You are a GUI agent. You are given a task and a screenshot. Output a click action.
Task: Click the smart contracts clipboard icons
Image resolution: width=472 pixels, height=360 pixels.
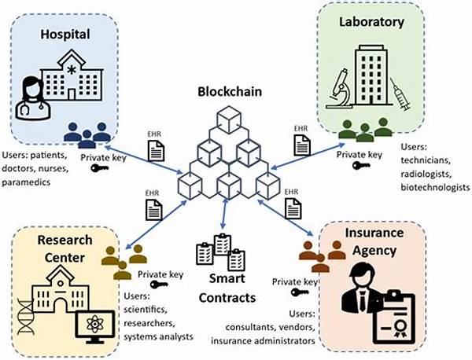pyautogui.click(x=218, y=252)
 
